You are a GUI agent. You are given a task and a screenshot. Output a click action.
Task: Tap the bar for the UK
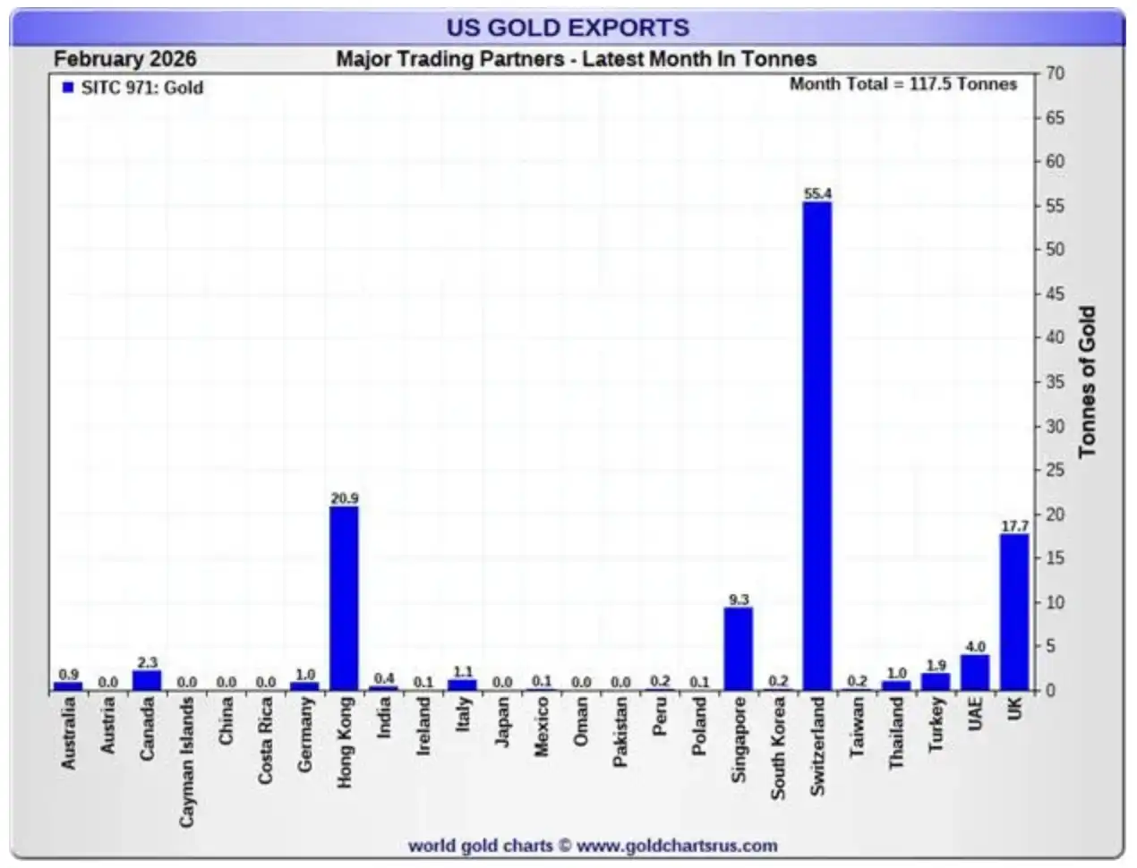tap(1013, 612)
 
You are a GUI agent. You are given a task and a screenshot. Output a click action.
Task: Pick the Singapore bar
tap(738, 649)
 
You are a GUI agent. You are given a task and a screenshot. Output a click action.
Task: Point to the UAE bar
tap(974, 672)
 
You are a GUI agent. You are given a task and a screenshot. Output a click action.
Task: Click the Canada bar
tap(147, 680)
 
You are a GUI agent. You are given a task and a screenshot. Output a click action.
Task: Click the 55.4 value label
tap(816, 193)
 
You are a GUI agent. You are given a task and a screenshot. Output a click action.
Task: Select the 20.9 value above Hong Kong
tap(344, 498)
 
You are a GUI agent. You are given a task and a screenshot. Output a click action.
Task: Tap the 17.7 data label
tap(1013, 526)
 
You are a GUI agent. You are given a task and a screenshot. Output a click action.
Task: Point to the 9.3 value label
tap(738, 600)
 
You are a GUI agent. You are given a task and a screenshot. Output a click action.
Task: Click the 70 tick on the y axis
tap(1056, 73)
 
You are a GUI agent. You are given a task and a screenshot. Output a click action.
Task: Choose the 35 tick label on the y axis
tap(1056, 382)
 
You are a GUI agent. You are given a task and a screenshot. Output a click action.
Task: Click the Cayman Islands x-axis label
tap(187, 762)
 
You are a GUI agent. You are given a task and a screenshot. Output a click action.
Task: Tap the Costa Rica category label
tap(266, 742)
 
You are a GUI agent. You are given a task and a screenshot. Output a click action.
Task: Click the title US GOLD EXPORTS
tap(568, 27)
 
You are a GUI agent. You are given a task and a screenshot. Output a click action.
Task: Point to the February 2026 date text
tap(124, 59)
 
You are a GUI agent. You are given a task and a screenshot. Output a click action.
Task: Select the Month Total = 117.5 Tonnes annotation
tap(902, 84)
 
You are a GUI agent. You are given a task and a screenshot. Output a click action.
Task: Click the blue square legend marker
tap(68, 88)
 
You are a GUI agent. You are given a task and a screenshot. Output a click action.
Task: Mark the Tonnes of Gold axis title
tap(1087, 382)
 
